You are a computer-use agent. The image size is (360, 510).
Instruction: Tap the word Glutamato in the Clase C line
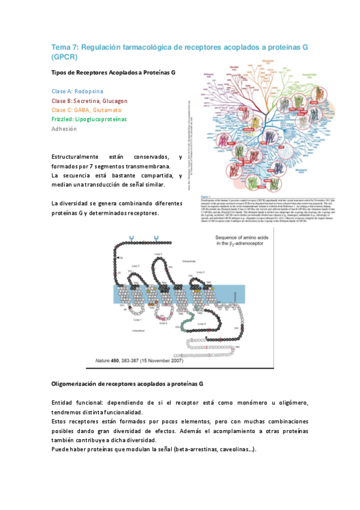(x=100, y=110)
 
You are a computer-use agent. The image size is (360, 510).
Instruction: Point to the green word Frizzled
(x=63, y=119)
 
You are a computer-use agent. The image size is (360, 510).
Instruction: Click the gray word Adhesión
(x=64, y=129)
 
